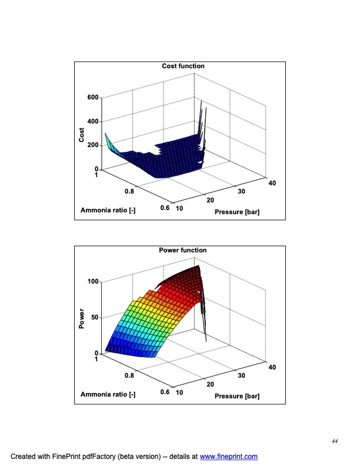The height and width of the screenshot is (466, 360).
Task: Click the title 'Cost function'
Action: coord(183,66)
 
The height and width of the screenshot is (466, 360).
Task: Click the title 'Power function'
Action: coord(183,250)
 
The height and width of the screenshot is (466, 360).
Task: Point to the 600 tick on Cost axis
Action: coord(94,97)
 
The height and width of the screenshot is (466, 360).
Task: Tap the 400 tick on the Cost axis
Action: coord(94,121)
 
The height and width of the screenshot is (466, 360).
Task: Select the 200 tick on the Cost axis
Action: coord(94,145)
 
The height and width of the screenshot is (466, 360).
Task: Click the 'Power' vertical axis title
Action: coord(82,318)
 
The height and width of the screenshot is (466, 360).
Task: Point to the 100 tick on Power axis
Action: coord(94,282)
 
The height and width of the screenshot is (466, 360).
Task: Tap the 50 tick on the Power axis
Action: coord(95,318)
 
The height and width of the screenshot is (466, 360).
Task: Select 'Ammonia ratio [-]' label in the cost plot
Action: coord(108,211)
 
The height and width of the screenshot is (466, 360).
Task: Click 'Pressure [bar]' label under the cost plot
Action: coord(237,212)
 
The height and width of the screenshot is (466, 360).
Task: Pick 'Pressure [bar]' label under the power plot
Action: coord(237,396)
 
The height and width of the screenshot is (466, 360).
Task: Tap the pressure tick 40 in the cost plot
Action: coord(271,184)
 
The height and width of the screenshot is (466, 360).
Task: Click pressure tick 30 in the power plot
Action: coord(241,375)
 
